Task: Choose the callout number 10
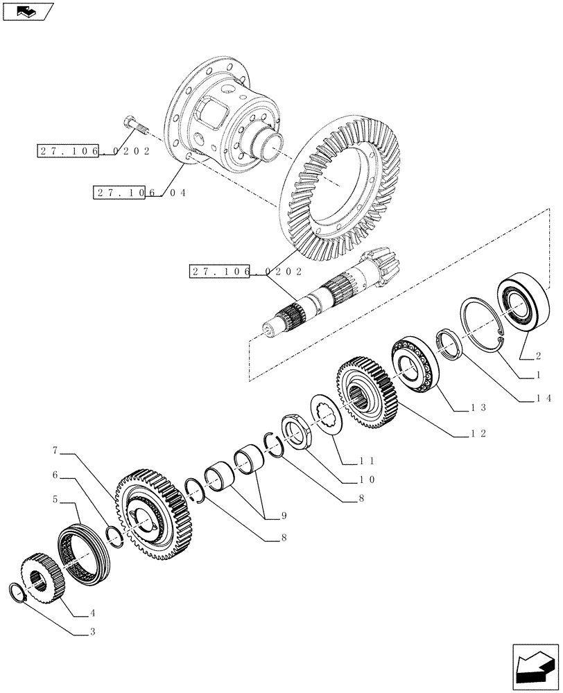[x=366, y=479]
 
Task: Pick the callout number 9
[x=284, y=516]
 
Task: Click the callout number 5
[x=53, y=499]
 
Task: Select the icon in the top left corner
[x=27, y=11]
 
